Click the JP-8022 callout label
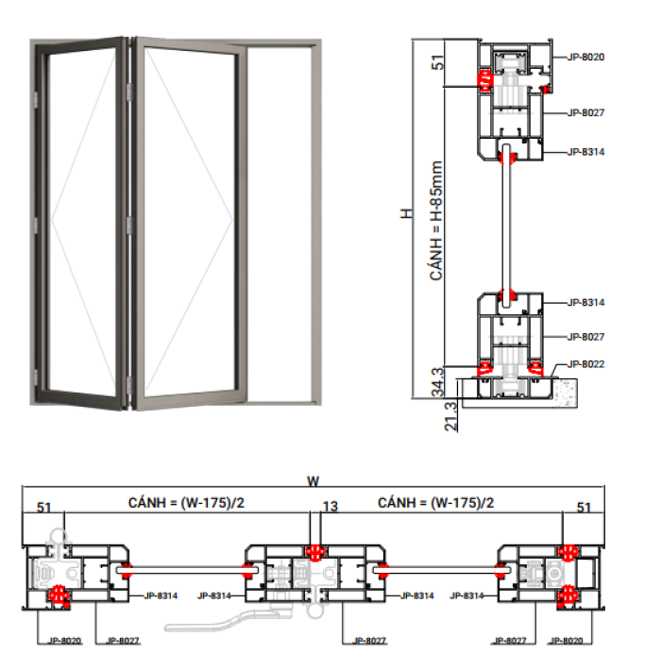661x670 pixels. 585,364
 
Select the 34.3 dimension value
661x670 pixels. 438,382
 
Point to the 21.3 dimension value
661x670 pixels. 450,416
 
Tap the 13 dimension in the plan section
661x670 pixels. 330,507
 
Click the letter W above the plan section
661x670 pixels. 313,481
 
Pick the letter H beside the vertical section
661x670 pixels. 406,213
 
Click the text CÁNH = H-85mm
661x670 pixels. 435,221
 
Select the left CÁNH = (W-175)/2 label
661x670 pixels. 186,502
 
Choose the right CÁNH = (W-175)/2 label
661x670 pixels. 435,502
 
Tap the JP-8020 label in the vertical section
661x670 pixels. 585,57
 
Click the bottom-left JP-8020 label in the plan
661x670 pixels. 64,641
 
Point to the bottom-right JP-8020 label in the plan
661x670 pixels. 566,641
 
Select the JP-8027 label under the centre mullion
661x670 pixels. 369,641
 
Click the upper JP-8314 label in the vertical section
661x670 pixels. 585,152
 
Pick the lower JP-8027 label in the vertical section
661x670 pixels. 585,337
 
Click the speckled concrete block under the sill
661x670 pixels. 566,393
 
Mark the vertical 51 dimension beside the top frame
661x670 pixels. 438,62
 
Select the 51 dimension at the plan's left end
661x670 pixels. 44,508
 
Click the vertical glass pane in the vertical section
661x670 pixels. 507,226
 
